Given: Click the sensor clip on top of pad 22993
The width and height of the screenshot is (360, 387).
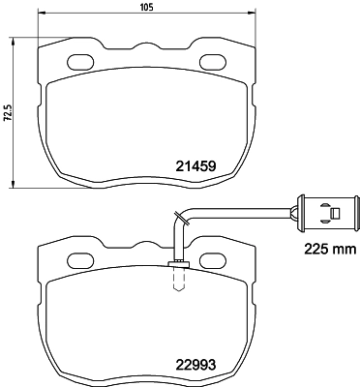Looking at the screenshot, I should click(177, 264).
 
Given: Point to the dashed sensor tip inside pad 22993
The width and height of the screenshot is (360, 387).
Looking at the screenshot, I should click(177, 280).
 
